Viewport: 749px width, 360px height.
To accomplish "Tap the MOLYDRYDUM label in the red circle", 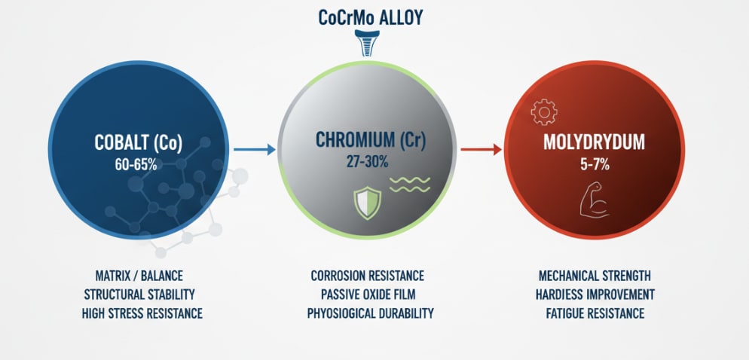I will pyautogui.click(x=595, y=141).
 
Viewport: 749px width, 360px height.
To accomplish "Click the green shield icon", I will pyautogui.click(x=368, y=203).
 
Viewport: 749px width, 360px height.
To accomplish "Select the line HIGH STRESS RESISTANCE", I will pyautogui.click(x=142, y=313).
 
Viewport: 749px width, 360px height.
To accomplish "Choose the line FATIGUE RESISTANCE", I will pyautogui.click(x=595, y=313).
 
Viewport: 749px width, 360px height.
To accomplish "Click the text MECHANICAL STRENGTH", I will pyautogui.click(x=595, y=276).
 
